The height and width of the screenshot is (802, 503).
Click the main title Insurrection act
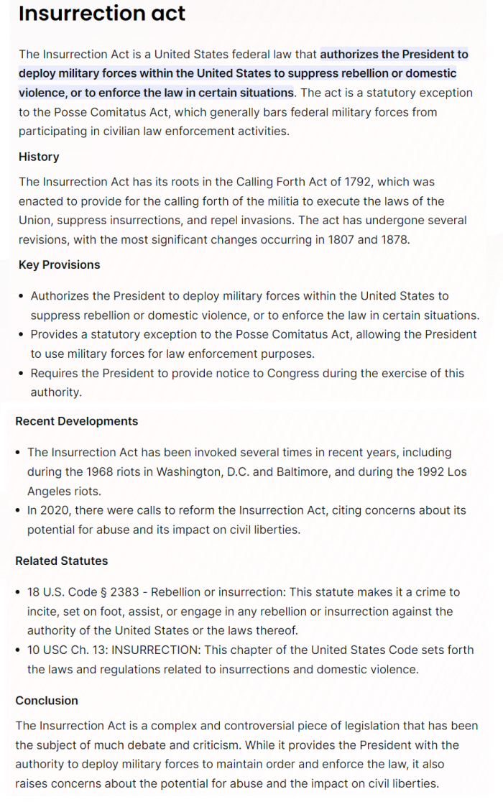102,14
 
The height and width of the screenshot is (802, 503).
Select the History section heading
39,157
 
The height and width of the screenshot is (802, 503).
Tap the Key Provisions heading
60,264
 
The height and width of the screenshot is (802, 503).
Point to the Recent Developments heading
77,421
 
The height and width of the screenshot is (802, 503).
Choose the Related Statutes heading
62,561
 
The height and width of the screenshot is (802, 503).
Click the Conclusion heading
47,700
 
